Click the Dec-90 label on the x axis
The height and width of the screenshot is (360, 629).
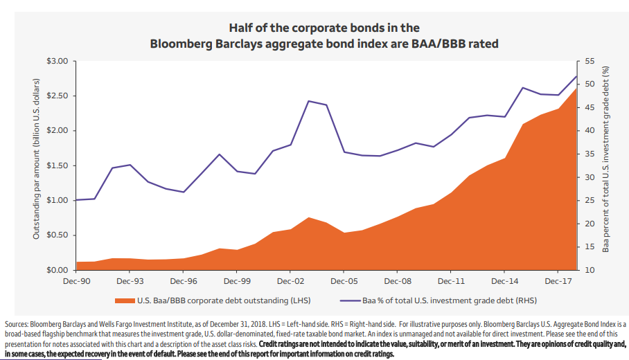pyautogui.click(x=76, y=282)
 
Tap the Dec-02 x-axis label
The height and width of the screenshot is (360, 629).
pyautogui.click(x=290, y=282)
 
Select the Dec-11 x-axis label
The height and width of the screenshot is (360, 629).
pyautogui.click(x=451, y=282)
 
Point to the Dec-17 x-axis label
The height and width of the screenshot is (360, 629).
pyautogui.click(x=558, y=282)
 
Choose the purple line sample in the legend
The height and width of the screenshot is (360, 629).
pyautogui.click(x=351, y=300)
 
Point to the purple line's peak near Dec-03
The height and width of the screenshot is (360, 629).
pyautogui.click(x=308, y=101)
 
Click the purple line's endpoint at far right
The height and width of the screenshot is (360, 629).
pyautogui.click(x=577, y=75)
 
